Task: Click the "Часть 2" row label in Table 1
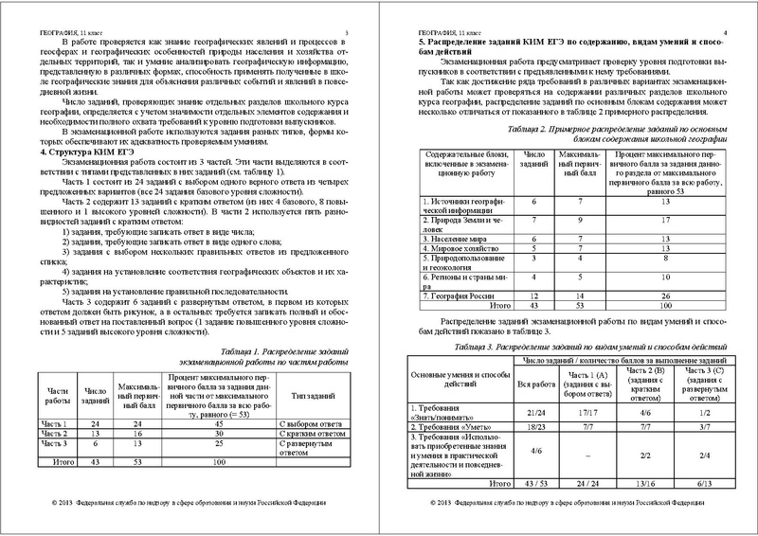57,435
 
